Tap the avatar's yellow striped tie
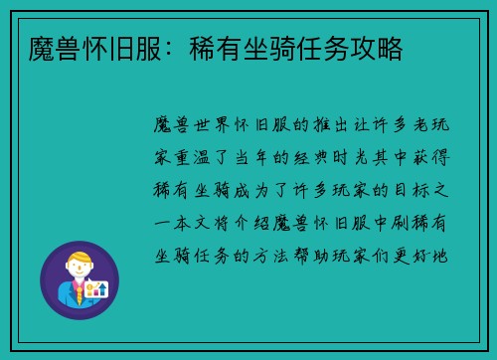[79, 294]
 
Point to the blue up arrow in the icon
[103, 289]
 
